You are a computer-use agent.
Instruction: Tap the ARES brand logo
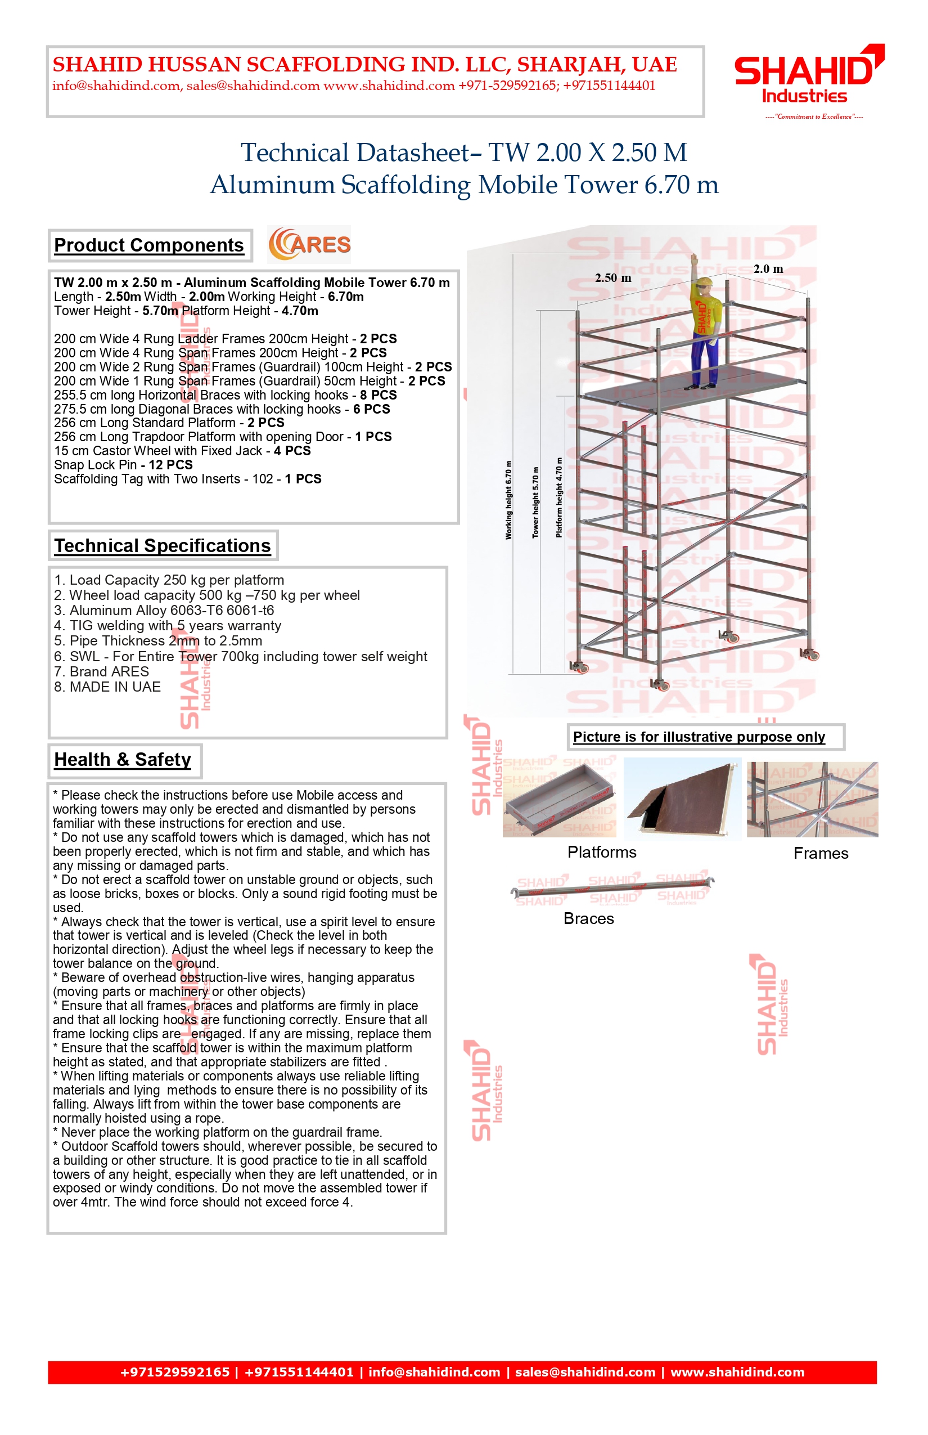coord(310,244)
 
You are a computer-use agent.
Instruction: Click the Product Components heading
coord(149,245)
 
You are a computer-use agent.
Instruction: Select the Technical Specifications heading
coord(162,546)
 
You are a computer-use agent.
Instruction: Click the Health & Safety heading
coord(123,760)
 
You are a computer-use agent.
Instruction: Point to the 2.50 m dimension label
coord(613,278)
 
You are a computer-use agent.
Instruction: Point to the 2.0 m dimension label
coord(768,269)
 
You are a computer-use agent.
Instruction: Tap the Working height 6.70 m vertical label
coord(508,500)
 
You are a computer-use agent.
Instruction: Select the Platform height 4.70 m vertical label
coord(559,498)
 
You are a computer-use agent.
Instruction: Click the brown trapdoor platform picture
coord(682,799)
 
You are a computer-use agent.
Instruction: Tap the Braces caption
coord(589,919)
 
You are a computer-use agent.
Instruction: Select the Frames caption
coord(821,854)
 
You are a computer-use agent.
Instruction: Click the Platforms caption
coord(601,853)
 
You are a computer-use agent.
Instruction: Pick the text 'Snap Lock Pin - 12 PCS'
coord(123,465)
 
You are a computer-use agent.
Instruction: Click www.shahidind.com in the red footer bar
coord(737,1373)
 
